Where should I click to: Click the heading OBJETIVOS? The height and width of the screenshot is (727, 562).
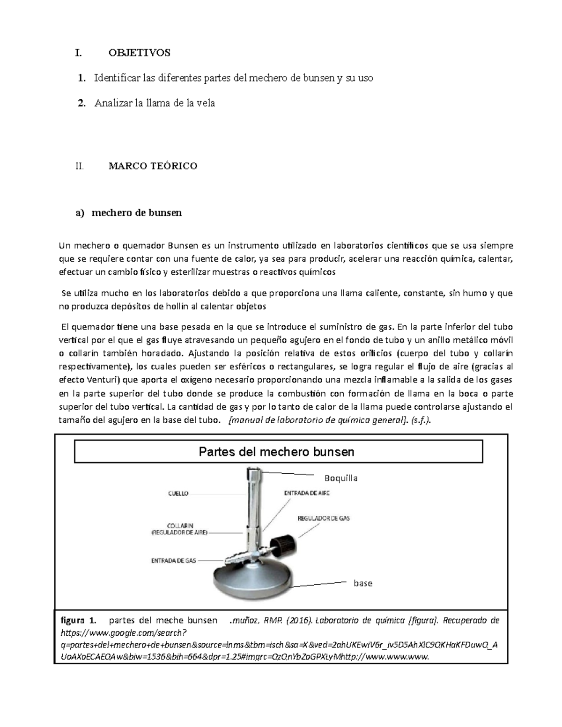[x=139, y=52]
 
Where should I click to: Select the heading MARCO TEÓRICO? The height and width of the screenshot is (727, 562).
[x=153, y=166]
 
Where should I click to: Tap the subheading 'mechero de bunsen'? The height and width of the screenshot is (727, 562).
[x=136, y=213]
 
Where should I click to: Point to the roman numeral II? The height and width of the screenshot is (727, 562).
[x=79, y=166]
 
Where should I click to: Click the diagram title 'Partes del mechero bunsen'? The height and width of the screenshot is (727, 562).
[x=276, y=452]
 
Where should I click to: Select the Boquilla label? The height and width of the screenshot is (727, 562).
[x=341, y=478]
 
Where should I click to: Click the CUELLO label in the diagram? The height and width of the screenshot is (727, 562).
[x=178, y=493]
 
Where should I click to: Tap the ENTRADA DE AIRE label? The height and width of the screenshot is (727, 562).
[x=307, y=493]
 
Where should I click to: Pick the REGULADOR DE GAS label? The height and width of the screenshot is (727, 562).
[x=324, y=518]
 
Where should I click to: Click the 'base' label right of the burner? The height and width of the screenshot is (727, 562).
[x=363, y=583]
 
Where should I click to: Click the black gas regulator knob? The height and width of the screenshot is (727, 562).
[x=285, y=544]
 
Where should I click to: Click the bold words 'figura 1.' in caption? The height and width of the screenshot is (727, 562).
[x=78, y=621]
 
